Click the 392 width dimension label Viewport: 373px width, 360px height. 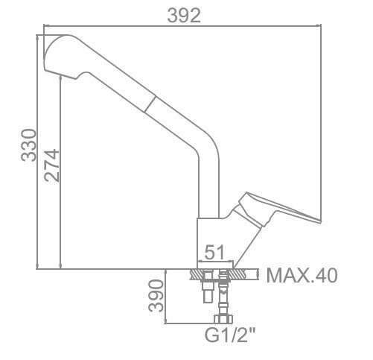(x=184, y=16)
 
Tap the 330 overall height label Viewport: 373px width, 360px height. (x=28, y=145)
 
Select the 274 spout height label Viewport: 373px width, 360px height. (x=52, y=165)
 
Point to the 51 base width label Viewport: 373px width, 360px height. (x=214, y=252)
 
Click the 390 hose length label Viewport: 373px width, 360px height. (x=156, y=296)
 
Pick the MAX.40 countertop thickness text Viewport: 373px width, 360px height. (x=302, y=275)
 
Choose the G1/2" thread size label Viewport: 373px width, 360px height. (x=230, y=335)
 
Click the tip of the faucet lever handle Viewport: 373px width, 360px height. (x=320, y=221)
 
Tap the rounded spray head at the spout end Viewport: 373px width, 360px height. (x=62, y=56)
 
